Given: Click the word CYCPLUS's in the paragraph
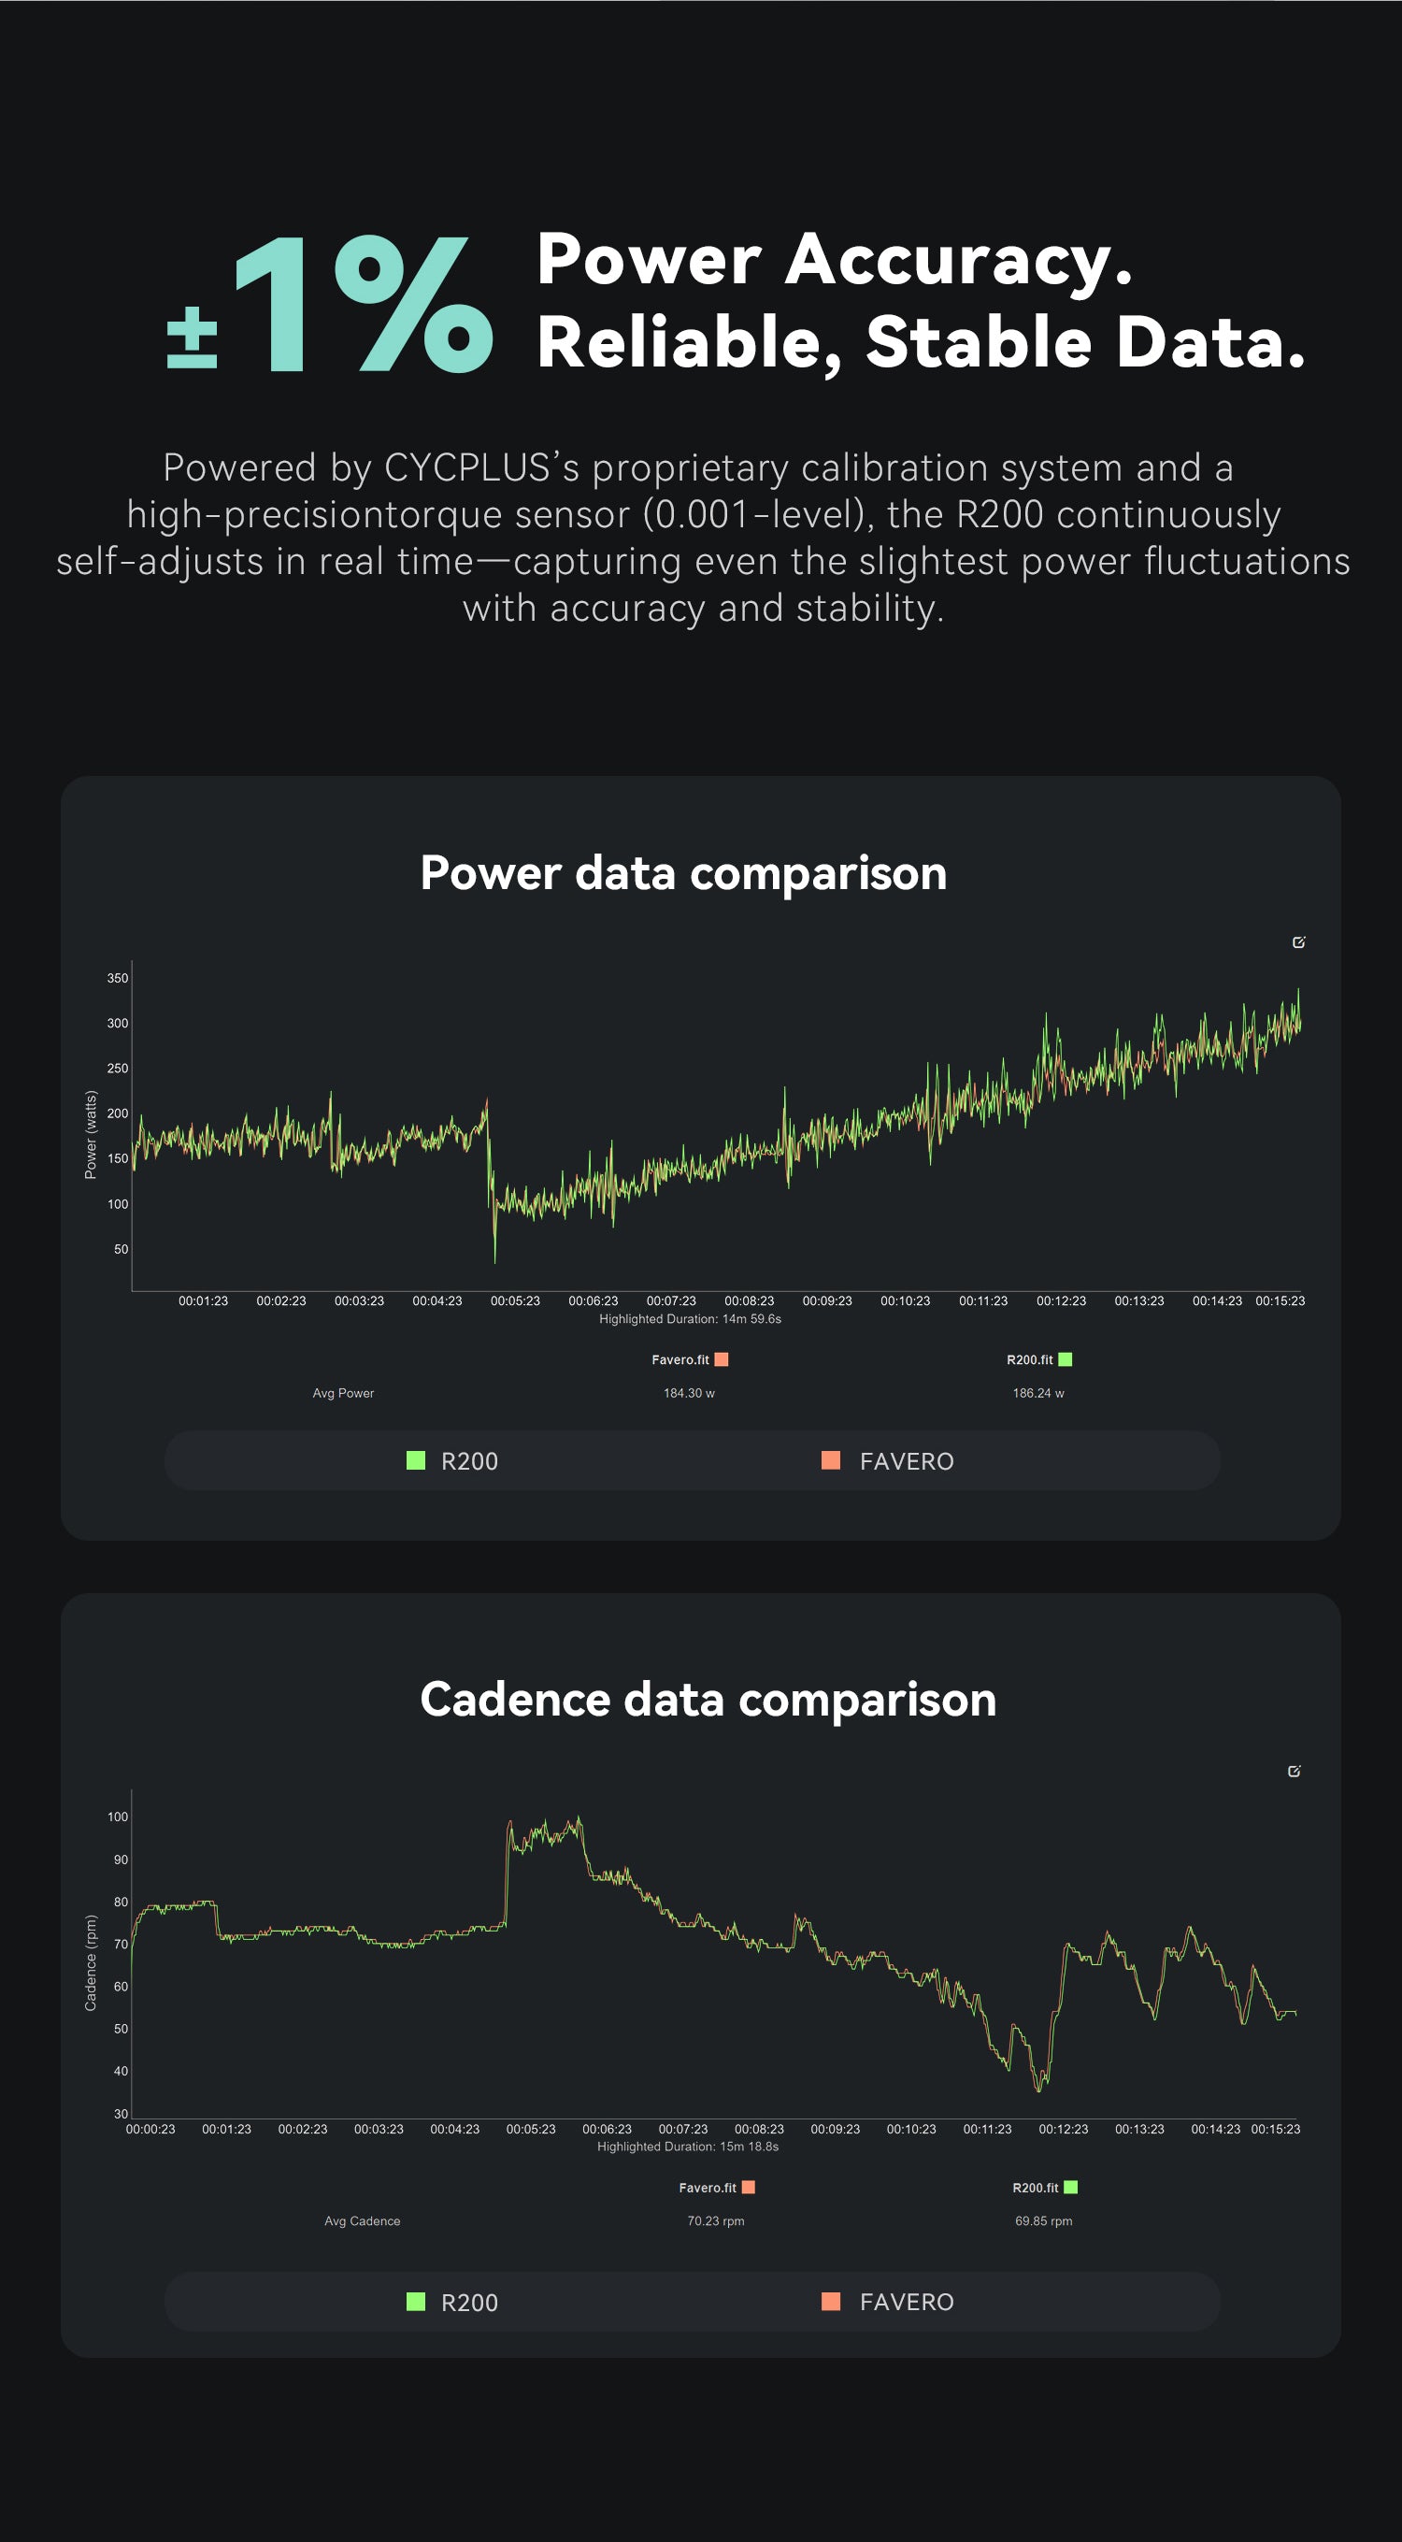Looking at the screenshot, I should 480,467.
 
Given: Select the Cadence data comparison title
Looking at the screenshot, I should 708,1700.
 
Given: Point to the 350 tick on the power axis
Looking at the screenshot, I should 118,978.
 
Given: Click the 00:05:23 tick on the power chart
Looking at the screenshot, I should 515,1300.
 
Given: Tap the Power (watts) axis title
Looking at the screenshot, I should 91,1135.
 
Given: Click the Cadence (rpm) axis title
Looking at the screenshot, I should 91,1962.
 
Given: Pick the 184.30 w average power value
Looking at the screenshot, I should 689,1393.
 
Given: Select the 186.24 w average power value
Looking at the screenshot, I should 1037,1393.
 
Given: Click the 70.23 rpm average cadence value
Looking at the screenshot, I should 715,2221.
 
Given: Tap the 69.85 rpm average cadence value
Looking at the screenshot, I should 1043,2221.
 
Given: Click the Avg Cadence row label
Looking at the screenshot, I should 362,2221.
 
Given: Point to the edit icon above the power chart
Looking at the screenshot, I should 1298,942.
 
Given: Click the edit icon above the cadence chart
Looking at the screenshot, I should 1294,1772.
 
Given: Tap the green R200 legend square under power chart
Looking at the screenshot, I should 415,1460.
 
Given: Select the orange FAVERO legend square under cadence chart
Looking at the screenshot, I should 831,2301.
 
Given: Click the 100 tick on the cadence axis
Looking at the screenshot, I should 118,1817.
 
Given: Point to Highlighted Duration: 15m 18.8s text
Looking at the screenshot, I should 688,2147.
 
